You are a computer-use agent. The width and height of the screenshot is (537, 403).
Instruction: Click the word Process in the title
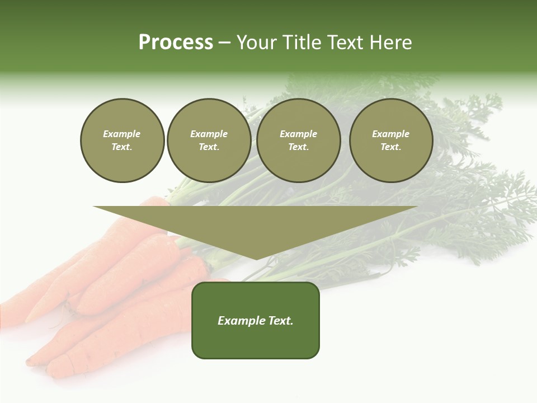pyautogui.click(x=176, y=43)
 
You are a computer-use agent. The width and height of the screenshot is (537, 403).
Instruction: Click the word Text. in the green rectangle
pyautogui.click(x=280, y=321)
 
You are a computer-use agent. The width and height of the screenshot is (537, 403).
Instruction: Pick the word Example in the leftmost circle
pyautogui.click(x=122, y=134)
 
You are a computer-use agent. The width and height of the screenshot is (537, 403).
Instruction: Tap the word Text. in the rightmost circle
pyautogui.click(x=391, y=147)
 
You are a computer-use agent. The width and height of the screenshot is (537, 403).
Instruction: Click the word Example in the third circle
pyautogui.click(x=299, y=134)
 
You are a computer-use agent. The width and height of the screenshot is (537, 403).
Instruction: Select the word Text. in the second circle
pyautogui.click(x=209, y=147)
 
